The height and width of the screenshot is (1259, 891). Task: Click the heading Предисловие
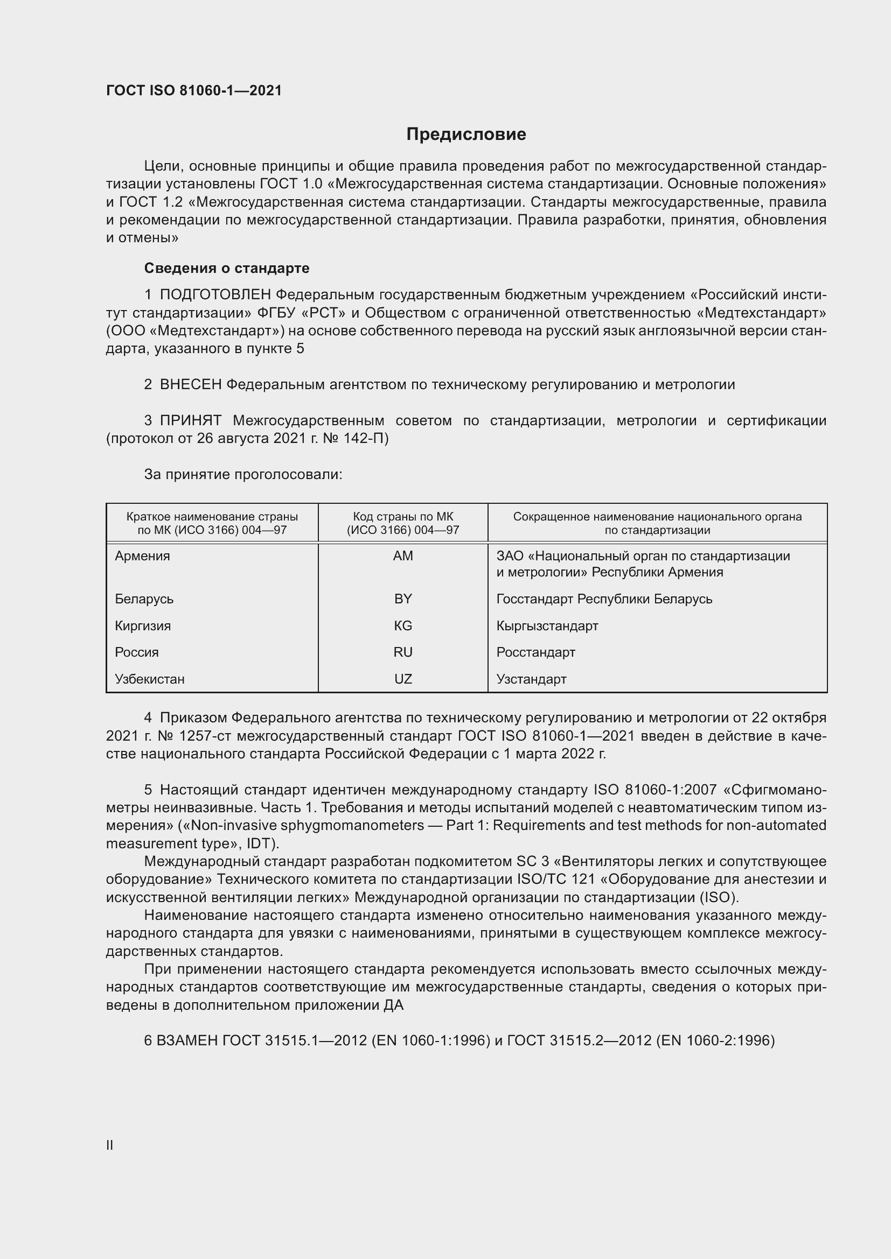point(466,135)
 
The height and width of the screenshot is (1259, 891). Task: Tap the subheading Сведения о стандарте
point(227,268)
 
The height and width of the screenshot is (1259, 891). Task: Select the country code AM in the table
point(403,556)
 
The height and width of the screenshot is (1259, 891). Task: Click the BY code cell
point(403,599)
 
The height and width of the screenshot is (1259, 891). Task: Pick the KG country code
point(403,625)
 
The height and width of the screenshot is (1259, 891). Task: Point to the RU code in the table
point(403,652)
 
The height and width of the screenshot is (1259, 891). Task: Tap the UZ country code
point(403,679)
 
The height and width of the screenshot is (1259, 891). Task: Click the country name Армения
point(142,556)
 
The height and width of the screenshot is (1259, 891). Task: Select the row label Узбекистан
point(149,679)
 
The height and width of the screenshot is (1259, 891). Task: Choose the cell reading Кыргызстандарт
point(547,625)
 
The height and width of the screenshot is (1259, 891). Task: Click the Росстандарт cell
point(535,652)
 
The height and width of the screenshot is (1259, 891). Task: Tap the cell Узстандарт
point(531,679)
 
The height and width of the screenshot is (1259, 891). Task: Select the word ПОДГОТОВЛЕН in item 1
point(215,295)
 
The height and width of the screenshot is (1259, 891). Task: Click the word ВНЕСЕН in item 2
point(190,385)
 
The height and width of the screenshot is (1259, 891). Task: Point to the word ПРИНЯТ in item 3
point(190,420)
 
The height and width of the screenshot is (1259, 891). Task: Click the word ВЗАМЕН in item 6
point(186,1040)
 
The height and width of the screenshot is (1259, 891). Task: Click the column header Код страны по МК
point(403,517)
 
